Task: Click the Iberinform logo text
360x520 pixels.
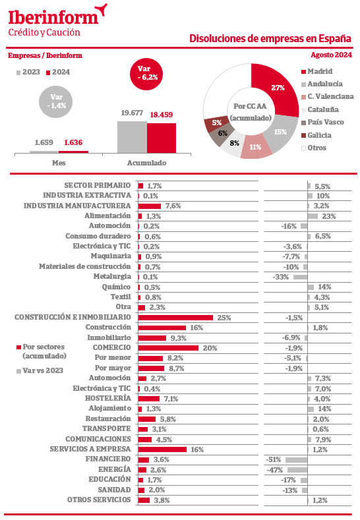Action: click(x=53, y=17)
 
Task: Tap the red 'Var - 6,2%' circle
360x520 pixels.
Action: click(x=146, y=74)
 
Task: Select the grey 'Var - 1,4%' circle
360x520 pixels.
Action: click(x=56, y=101)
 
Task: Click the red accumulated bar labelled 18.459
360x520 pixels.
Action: click(x=162, y=138)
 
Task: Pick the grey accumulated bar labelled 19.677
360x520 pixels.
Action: click(x=132, y=137)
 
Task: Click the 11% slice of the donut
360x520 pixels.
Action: click(x=255, y=146)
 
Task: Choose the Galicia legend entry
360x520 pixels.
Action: click(x=316, y=135)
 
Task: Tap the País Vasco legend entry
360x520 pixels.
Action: click(x=322, y=123)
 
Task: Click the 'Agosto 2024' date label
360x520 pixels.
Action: click(x=331, y=55)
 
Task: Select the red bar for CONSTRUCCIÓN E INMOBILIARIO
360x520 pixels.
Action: click(x=175, y=318)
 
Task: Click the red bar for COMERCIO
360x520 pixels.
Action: click(x=168, y=348)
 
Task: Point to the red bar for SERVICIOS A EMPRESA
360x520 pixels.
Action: click(x=162, y=449)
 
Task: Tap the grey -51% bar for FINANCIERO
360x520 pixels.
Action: click(x=296, y=460)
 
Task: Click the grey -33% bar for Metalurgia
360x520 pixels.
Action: click(x=300, y=277)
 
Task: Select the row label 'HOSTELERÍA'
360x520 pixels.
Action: click(x=108, y=398)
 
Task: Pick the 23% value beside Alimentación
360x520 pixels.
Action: click(x=329, y=216)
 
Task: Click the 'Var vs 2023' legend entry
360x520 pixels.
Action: click(x=40, y=371)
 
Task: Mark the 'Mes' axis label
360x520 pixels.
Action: click(x=59, y=163)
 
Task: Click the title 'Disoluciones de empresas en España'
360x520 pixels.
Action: click(x=270, y=38)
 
